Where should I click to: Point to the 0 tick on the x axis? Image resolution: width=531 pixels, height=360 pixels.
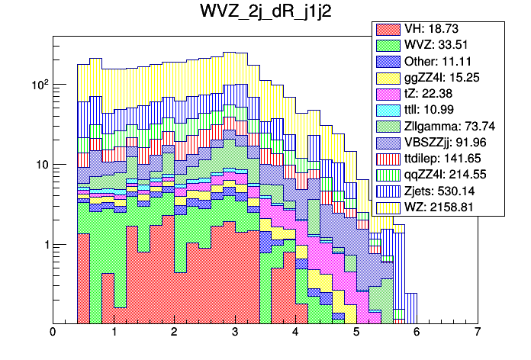[x=53, y=333]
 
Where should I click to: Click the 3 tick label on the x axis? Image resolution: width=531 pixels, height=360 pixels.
[x=235, y=333]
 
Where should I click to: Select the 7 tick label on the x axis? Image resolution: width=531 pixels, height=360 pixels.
[x=478, y=333]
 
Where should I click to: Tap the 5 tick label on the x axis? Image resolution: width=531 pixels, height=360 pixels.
[x=356, y=333]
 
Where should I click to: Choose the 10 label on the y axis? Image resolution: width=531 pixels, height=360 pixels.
[x=40, y=165]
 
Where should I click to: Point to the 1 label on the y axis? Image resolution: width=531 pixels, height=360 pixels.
[x=43, y=245]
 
